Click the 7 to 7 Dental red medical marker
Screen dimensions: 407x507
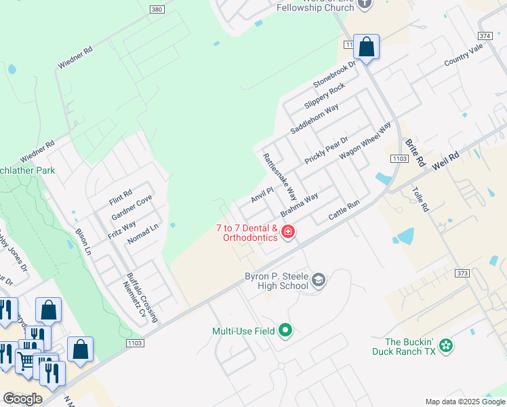point(288,233)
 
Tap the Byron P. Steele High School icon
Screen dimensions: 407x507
point(319,279)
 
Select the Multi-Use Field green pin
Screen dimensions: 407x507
point(286,331)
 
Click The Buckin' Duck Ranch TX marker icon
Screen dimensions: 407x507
point(445,346)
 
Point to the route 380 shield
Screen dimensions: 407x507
point(156,9)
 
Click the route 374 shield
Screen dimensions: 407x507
point(485,35)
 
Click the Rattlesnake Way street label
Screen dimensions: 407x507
point(280,176)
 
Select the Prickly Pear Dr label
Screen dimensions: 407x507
point(326,150)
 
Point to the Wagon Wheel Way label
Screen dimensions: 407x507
point(365,140)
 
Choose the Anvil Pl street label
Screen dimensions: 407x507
point(262,195)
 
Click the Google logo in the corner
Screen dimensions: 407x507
point(22,399)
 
